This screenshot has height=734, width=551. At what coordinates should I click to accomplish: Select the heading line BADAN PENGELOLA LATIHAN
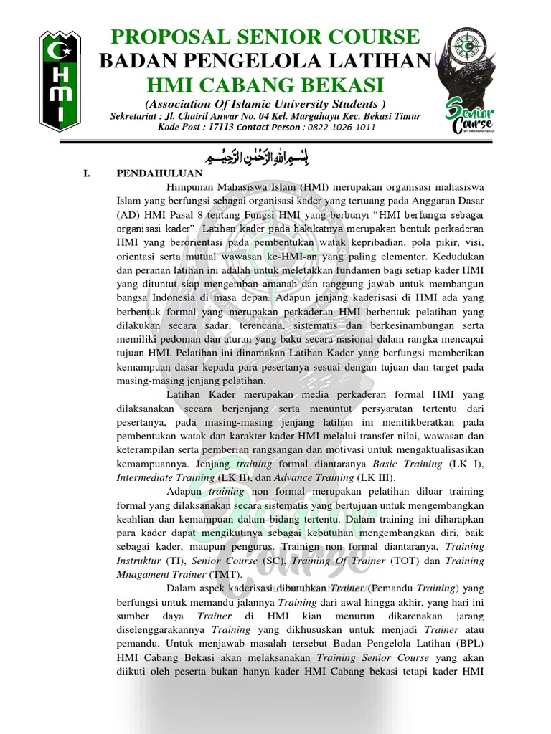pos(265,62)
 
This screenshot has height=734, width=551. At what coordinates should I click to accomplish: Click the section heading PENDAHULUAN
pos(159,173)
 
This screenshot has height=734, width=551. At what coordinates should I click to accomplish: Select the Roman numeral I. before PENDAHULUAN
pos(86,173)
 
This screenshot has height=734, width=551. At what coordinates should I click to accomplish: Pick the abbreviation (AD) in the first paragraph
pos(129,214)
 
